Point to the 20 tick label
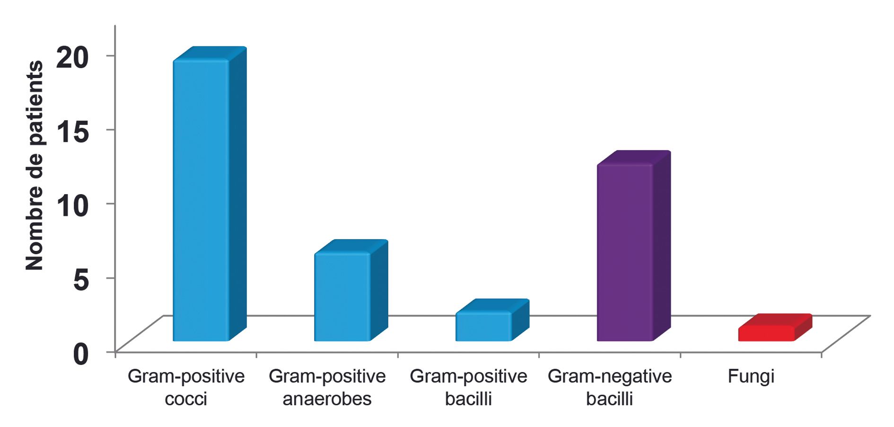point(72,58)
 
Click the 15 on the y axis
point(72,131)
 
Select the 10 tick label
point(72,205)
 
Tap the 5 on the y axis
point(81,279)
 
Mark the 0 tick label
point(81,354)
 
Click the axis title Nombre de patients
point(34,166)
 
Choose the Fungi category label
point(751,376)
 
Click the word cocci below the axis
point(186,399)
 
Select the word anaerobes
point(327,399)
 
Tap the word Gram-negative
point(610,376)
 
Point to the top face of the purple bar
point(634,158)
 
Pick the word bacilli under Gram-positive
point(468,399)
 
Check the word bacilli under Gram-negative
point(610,399)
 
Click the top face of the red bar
point(775,320)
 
